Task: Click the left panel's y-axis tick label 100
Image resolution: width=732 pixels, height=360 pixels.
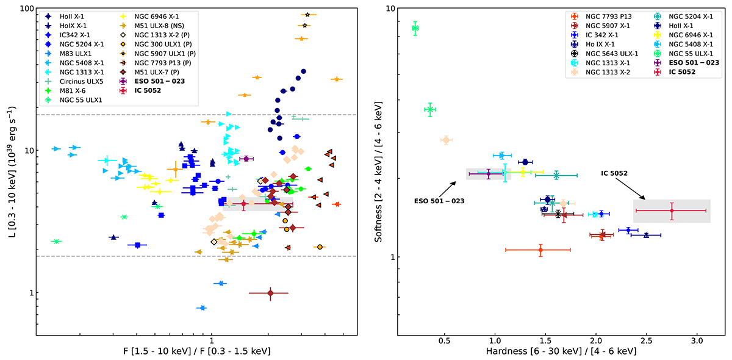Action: point(24,9)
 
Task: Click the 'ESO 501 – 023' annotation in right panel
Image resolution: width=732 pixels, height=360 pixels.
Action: point(439,200)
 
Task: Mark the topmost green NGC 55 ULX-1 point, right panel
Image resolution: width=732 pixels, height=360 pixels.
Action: point(415,28)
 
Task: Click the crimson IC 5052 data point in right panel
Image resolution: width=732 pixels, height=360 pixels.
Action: point(672,211)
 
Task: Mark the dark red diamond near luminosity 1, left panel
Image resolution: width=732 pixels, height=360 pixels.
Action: point(270,293)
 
